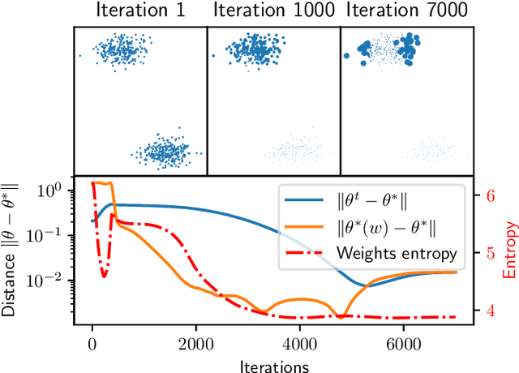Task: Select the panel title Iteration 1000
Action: pyautogui.click(x=272, y=11)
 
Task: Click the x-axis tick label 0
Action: pyautogui.click(x=92, y=343)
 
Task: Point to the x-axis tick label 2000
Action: pyautogui.click(x=195, y=343)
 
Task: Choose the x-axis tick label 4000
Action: pyautogui.click(x=299, y=343)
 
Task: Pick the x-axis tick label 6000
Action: pyautogui.click(x=403, y=343)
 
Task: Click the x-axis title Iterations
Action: pyautogui.click(x=273, y=364)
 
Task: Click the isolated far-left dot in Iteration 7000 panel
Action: pyautogui.click(x=347, y=55)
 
